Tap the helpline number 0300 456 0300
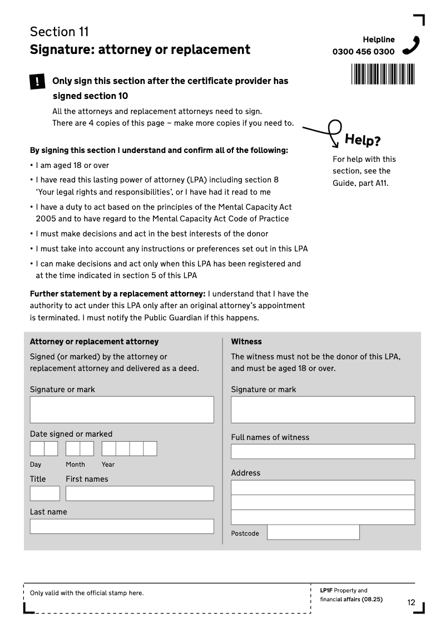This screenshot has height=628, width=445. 363,52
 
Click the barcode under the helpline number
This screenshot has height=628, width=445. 383,74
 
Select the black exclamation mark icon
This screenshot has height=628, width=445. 37,82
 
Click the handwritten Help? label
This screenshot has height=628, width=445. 363,140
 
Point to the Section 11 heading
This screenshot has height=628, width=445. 60,32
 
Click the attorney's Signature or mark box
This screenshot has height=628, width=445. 122,409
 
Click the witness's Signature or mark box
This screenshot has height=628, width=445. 323,409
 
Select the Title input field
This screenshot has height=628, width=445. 44,493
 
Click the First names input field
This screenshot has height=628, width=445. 140,493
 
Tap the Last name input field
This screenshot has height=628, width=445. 122,526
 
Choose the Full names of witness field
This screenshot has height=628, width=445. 323,451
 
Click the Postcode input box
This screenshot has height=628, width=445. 313,532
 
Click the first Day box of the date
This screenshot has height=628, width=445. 37,448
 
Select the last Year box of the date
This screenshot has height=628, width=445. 150,448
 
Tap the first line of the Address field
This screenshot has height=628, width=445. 323,487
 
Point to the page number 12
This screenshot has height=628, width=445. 411,602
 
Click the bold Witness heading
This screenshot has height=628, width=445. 246,342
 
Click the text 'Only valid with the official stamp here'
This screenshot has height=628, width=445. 87,593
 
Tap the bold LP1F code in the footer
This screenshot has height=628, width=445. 326,590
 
